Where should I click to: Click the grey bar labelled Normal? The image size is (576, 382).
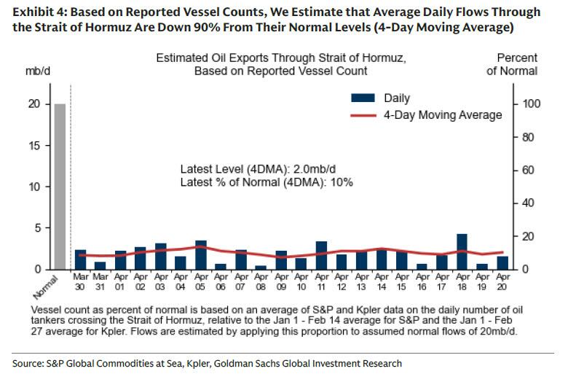coord(60,187)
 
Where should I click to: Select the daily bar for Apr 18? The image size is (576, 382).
coord(462,252)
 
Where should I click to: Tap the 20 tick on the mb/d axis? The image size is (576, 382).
coord(44,104)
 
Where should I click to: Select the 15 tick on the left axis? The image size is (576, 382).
coord(44,146)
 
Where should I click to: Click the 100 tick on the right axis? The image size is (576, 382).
coord(529,104)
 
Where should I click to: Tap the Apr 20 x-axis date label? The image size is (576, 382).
coord(502,283)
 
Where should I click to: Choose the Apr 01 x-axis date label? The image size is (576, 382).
coord(120,283)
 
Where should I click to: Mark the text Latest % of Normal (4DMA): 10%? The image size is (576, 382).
coord(267,182)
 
